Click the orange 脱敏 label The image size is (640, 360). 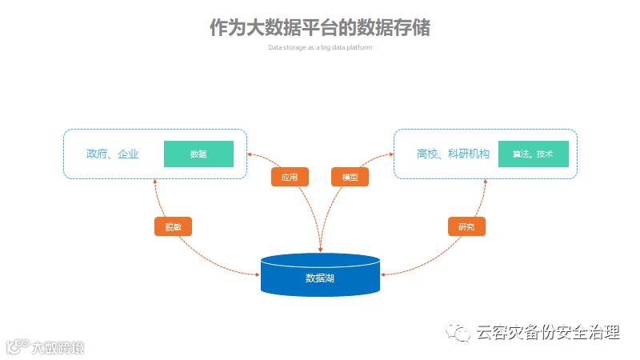[x=174, y=226]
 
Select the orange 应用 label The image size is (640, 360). [x=290, y=177]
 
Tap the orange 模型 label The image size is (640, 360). [x=350, y=177]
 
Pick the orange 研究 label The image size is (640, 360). [x=466, y=226]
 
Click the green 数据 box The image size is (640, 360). [x=198, y=154]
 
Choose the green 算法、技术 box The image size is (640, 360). [x=533, y=154]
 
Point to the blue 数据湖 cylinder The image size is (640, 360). [x=320, y=276]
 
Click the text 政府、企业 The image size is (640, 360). [x=113, y=154]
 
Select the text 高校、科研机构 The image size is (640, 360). [x=453, y=154]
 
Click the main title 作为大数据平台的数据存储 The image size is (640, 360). [x=320, y=28]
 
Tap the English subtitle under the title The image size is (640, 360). [x=320, y=47]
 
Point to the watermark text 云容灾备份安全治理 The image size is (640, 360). [x=547, y=332]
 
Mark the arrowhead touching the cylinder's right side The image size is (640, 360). [x=383, y=274]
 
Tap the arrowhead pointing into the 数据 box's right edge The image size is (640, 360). [x=250, y=153]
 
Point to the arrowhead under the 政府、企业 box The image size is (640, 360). [x=154, y=182]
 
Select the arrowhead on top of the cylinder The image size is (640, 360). [x=320, y=250]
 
